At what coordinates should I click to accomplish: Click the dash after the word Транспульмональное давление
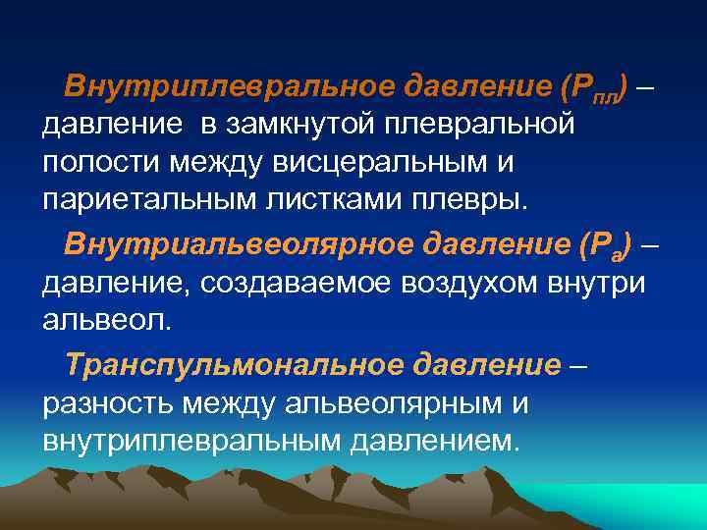pos(578,365)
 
